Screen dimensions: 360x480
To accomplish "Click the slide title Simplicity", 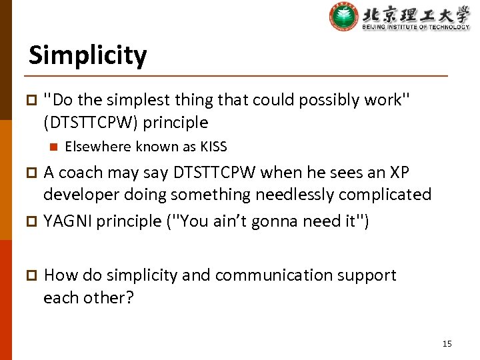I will (x=87, y=55).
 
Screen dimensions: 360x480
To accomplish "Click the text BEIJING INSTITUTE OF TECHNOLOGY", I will (x=416, y=27).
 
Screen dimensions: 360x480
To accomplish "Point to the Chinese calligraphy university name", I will (x=416, y=13).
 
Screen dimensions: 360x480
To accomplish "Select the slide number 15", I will (x=447, y=343).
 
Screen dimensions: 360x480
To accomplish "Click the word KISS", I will (x=214, y=147).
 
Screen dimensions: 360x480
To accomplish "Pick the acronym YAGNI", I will (x=67, y=221).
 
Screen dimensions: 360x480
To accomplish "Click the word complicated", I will (x=387, y=195).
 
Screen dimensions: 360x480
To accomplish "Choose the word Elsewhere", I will (x=97, y=147).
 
